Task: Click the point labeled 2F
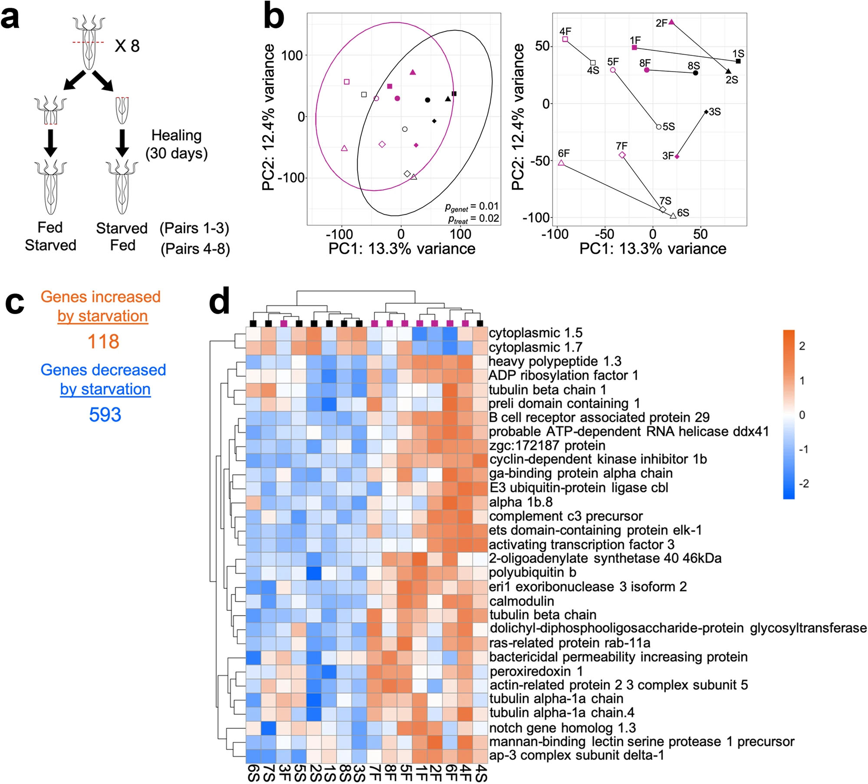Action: [x=671, y=22]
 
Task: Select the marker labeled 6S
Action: [x=673, y=216]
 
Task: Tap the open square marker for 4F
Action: [x=565, y=39]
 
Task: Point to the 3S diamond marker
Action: [x=707, y=112]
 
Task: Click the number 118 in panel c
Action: [x=103, y=341]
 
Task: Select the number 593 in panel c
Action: [x=105, y=415]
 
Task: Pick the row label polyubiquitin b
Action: [x=533, y=572]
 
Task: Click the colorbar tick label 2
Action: [x=802, y=346]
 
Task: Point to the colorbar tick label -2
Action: [x=803, y=483]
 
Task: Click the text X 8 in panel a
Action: [x=127, y=46]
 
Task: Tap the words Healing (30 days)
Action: [x=176, y=144]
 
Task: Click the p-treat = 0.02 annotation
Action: [x=473, y=219]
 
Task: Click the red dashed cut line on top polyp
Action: [x=88, y=42]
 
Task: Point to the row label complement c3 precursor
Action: [x=566, y=516]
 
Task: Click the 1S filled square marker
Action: [x=738, y=61]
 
